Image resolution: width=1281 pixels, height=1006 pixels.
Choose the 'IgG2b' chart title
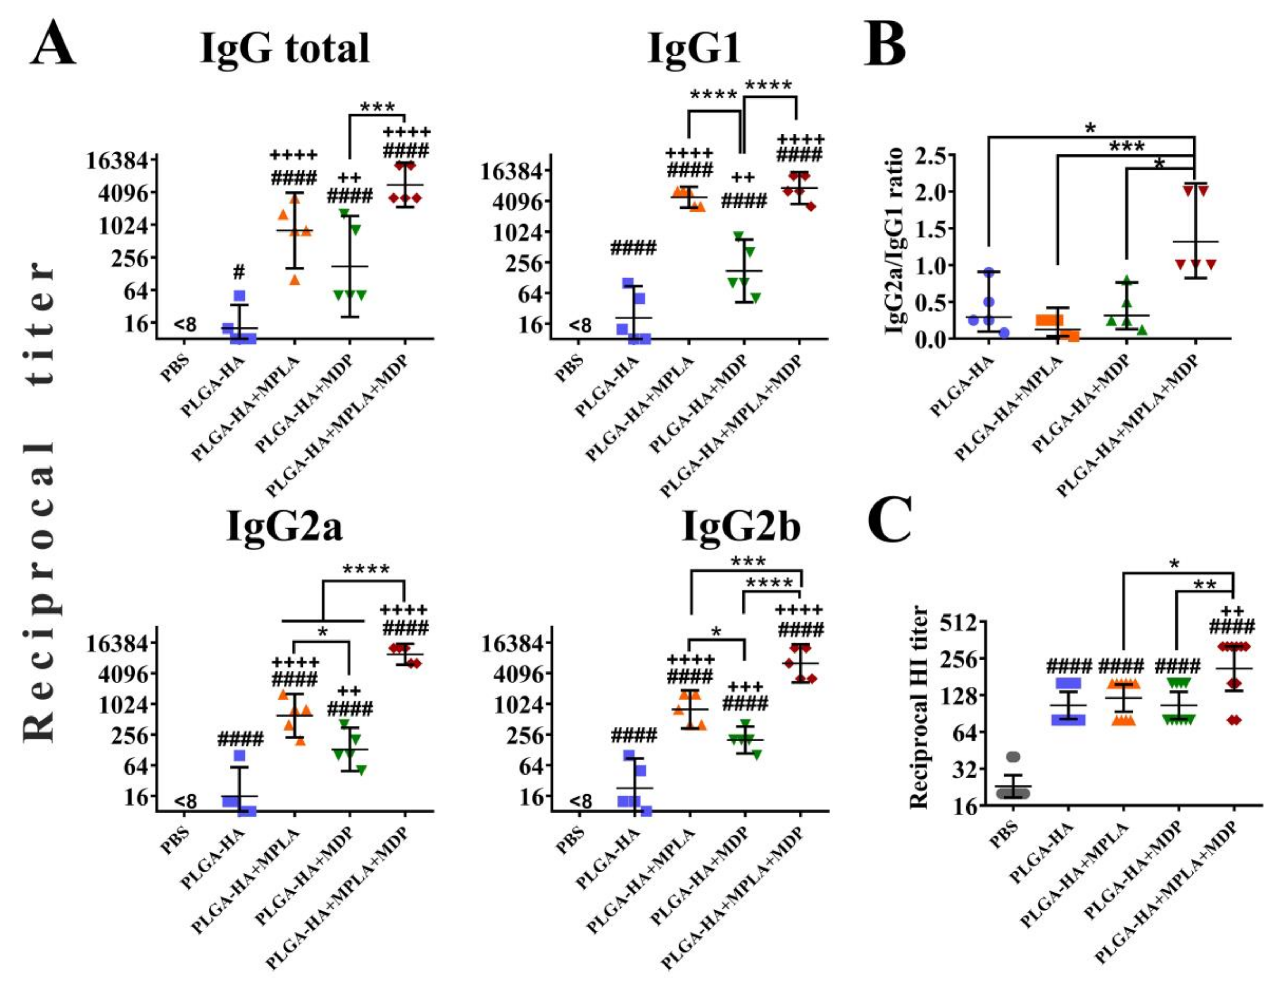click(741, 526)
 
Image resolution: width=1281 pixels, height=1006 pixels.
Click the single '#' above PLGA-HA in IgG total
click(239, 272)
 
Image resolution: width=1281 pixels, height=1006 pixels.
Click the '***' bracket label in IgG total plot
click(378, 108)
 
